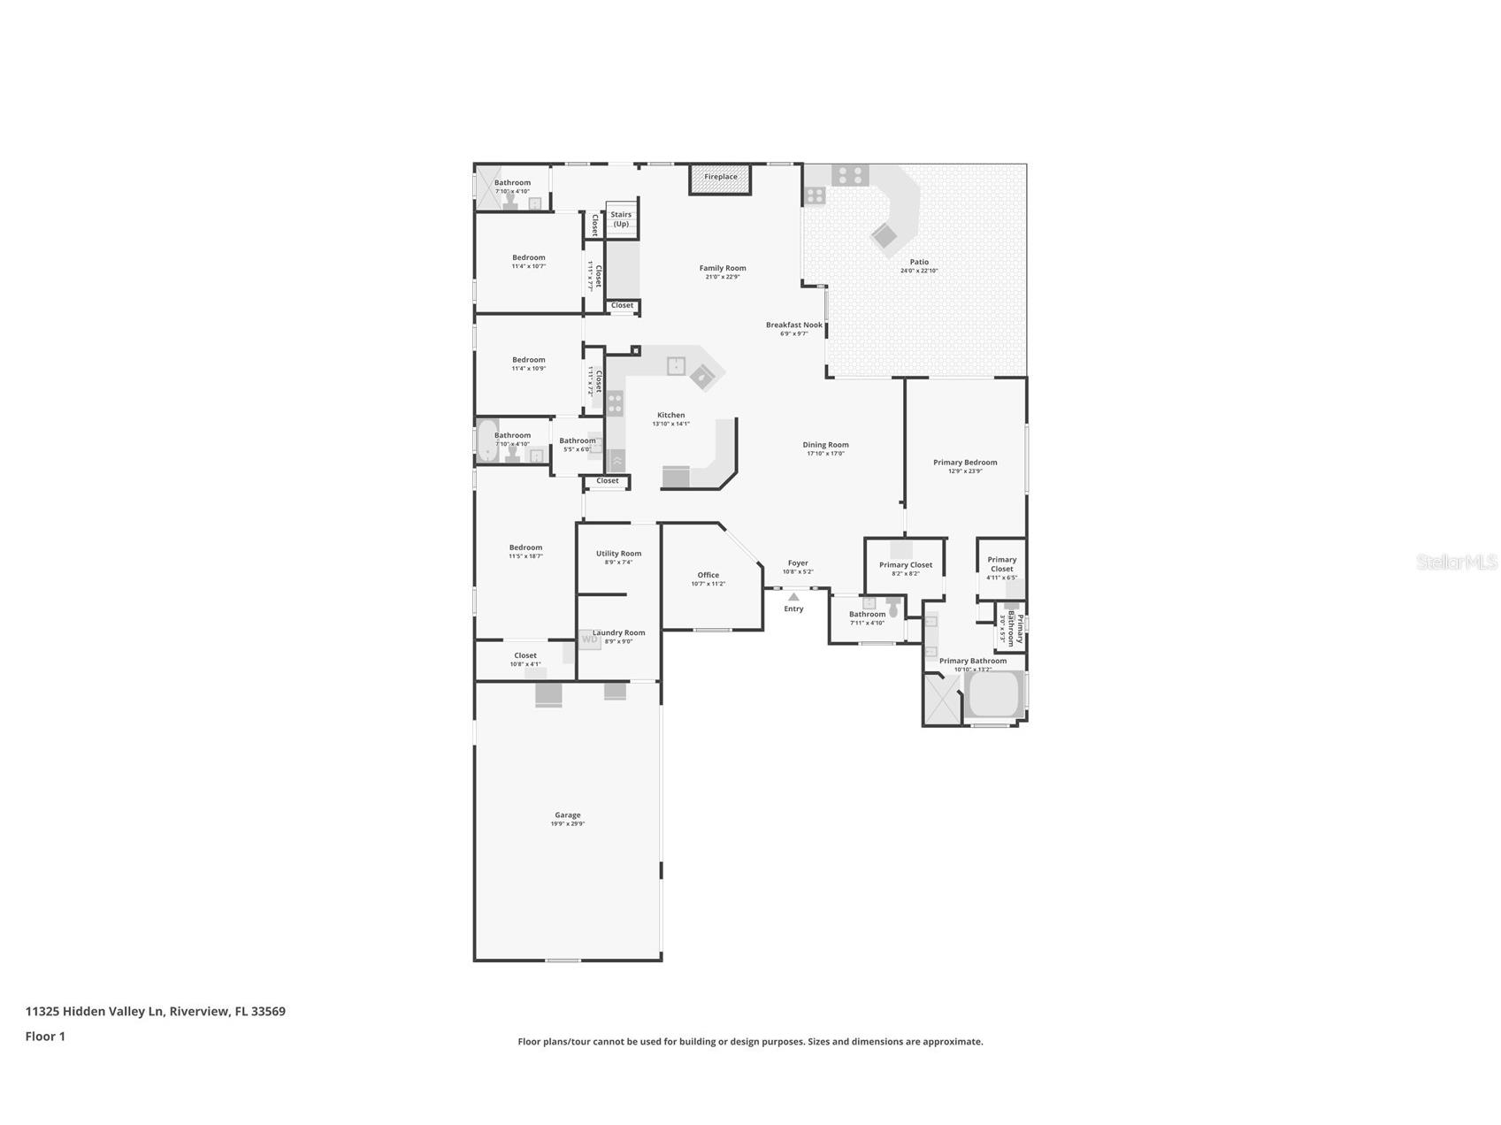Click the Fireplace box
[x=720, y=178]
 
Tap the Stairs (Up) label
[x=621, y=218]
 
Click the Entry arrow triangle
[x=793, y=597]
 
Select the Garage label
[x=568, y=815]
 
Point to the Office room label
[x=708, y=575]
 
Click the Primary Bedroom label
[x=965, y=462]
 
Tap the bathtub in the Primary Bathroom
[x=995, y=696]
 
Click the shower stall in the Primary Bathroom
[x=942, y=700]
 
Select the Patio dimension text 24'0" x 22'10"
[x=919, y=271]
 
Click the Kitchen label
[x=670, y=415]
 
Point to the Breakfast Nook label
[x=793, y=325]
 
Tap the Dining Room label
[x=825, y=445]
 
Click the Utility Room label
[x=618, y=554]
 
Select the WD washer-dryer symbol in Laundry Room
[x=589, y=639]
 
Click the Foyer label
[x=798, y=562]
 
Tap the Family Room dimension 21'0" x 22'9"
[x=723, y=277]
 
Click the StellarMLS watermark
[x=1456, y=562]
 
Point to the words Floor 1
[x=45, y=1037]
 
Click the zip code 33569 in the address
[x=268, y=1011]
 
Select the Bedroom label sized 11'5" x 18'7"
[x=525, y=547]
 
